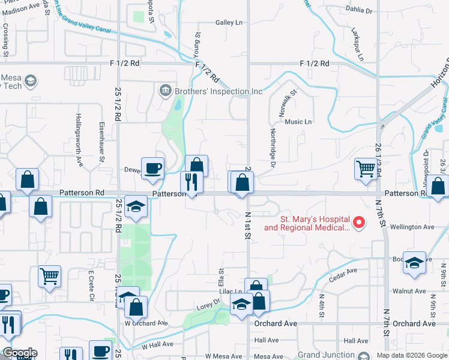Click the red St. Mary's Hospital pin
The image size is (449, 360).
point(359,223)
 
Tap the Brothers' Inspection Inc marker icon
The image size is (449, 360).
point(164,91)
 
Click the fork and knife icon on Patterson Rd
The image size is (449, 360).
point(191,182)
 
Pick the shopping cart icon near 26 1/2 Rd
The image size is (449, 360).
point(365,169)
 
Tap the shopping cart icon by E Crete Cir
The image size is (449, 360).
point(49,276)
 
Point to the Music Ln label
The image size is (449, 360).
point(298,122)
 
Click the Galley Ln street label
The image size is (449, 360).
point(229,23)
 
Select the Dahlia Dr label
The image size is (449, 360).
point(359,11)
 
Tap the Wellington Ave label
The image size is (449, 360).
point(412,227)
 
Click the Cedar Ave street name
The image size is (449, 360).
point(343,271)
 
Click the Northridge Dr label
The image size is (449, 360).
point(273,148)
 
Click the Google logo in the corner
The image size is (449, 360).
point(19,353)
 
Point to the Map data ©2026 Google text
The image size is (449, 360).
point(411,355)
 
